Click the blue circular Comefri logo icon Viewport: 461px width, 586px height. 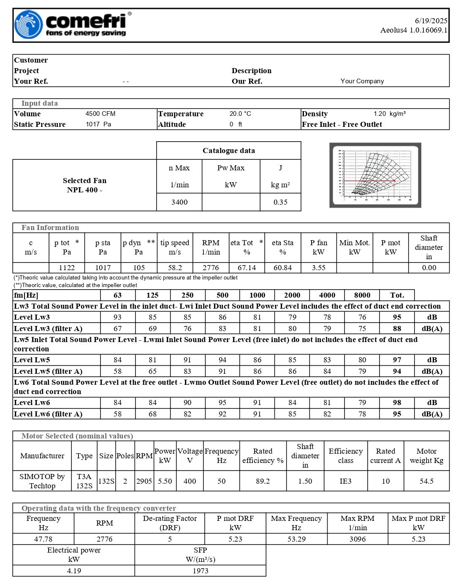pos(29,25)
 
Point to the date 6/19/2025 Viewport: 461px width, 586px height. pos(431,21)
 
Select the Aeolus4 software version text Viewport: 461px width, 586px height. pos(413,30)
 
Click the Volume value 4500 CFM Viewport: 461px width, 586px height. pos(100,114)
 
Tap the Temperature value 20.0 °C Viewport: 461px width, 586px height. pos(240,114)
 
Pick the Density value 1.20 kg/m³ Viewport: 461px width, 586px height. pos(389,114)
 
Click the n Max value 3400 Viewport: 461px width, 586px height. pos(179,202)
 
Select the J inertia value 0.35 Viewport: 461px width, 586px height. pos(280,202)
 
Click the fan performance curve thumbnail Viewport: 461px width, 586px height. pos(375,175)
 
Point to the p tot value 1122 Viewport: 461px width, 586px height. pos(67,268)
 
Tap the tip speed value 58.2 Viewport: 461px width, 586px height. pos(175,268)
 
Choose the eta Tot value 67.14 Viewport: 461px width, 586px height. pos(247,268)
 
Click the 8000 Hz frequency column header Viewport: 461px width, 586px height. pos(362,295)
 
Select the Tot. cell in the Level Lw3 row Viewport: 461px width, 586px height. pos(397,317)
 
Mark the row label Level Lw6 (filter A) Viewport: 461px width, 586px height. pos(48,414)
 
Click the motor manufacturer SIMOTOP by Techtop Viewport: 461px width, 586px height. pos(42,481)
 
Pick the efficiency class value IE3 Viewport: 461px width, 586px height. pos(345,481)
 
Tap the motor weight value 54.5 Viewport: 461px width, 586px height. pos(426,481)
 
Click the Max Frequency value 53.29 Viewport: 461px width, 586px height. pos(296,539)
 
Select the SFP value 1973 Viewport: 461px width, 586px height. pos(201,571)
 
